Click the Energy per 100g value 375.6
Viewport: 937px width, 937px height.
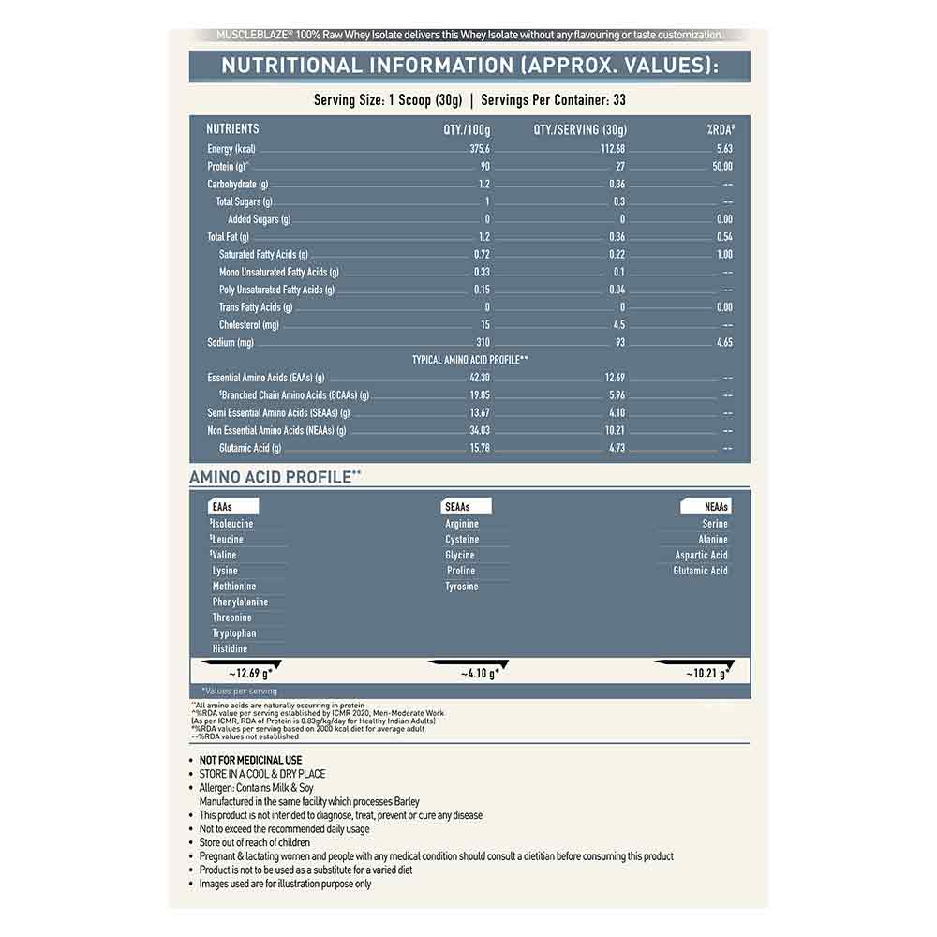click(480, 149)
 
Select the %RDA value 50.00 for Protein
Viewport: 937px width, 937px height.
click(721, 167)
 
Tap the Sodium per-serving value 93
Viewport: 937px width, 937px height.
click(619, 343)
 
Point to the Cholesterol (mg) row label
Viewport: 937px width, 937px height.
click(249, 325)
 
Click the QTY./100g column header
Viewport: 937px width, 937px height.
click(467, 129)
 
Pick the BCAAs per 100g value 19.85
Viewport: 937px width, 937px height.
click(479, 395)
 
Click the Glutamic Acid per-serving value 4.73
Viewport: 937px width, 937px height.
click(616, 448)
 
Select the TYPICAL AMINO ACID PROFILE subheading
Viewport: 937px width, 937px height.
click(469, 360)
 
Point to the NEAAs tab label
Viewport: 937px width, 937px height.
click(716, 507)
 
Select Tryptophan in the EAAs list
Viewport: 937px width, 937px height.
click(234, 633)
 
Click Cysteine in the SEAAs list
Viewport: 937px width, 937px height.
click(462, 540)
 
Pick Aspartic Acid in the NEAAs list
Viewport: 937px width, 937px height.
click(701, 556)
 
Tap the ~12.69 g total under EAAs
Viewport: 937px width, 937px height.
click(249, 673)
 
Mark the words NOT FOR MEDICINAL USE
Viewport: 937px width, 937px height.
click(250, 760)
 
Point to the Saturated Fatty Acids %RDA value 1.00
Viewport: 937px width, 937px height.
click(723, 255)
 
